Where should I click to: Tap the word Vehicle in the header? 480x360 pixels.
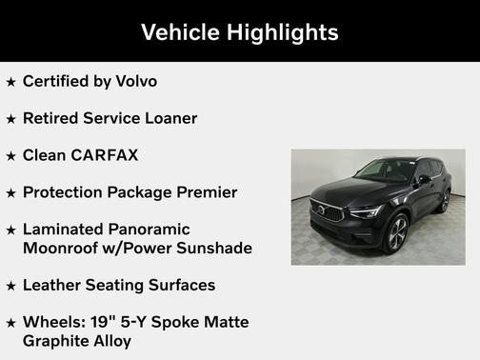tap(181, 32)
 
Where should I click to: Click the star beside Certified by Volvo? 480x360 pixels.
tap(10, 83)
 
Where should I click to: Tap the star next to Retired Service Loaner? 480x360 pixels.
tap(10, 120)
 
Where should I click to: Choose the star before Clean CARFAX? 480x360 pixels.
tap(10, 156)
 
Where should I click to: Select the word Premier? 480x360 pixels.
tap(205, 192)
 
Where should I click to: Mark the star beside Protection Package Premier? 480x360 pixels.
tap(10, 193)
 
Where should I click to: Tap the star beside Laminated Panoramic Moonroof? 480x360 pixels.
tap(10, 230)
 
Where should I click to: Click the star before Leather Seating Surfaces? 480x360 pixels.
tap(10, 286)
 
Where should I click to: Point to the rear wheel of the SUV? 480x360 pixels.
tap(444, 202)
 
